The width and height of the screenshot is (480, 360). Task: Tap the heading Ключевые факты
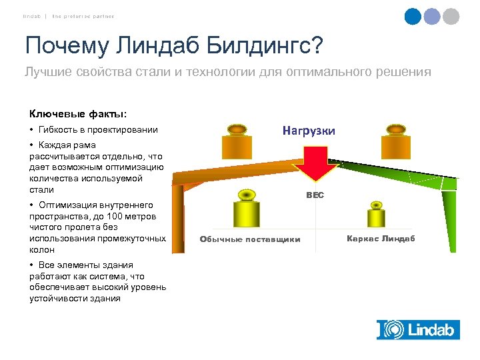coord(77,113)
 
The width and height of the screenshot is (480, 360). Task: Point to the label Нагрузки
coord(308,131)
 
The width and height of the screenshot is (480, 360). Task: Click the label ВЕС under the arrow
coord(315,195)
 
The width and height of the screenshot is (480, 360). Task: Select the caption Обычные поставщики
coord(250,239)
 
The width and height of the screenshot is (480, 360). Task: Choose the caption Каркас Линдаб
coord(381,238)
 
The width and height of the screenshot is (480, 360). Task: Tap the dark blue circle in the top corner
coord(413,17)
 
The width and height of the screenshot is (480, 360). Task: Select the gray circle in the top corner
coord(451,17)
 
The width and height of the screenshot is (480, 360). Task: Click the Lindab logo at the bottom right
coord(417,330)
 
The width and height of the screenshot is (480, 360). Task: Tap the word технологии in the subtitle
coord(221,72)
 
